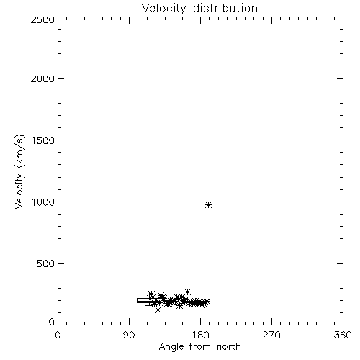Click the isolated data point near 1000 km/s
click(208, 204)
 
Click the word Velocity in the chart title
click(163, 9)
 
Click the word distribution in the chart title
click(225, 8)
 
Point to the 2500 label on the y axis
click(42, 19)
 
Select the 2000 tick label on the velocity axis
click(42, 78)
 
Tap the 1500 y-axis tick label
click(43, 140)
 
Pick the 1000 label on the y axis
click(43, 202)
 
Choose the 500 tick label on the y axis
click(46, 264)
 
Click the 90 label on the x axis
click(129, 335)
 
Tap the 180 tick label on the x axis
click(200, 335)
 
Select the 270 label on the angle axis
click(271, 335)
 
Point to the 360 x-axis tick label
click(343, 335)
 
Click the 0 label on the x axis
click(58, 335)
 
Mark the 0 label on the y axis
click(52, 322)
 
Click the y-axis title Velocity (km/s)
click(19, 171)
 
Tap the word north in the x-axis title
click(229, 347)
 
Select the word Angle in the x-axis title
click(171, 347)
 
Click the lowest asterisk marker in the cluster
click(158, 310)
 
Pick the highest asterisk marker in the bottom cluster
click(187, 292)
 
